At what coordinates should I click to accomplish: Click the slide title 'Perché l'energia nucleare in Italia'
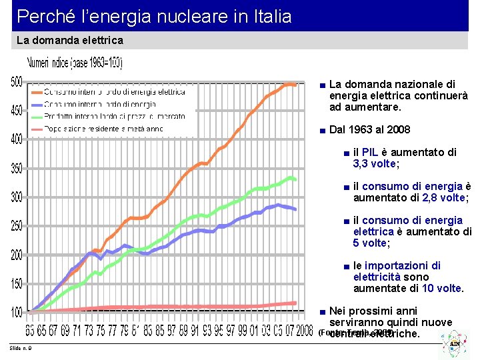154,16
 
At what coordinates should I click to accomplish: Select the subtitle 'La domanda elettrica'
69,41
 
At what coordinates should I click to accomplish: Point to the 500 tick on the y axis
15,82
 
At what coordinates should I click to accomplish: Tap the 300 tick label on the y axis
15,197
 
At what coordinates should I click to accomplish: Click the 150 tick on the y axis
15,284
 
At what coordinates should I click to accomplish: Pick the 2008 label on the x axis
304,330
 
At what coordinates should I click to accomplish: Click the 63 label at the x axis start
31,330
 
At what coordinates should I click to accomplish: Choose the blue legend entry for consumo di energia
100,104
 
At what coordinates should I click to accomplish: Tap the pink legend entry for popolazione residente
104,128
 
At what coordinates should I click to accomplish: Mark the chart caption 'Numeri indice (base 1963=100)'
75,64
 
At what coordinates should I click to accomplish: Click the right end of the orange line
295,85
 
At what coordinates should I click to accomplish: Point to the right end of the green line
295,179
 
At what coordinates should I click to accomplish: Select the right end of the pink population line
295,303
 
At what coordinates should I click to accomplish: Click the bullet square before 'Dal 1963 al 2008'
323,130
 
